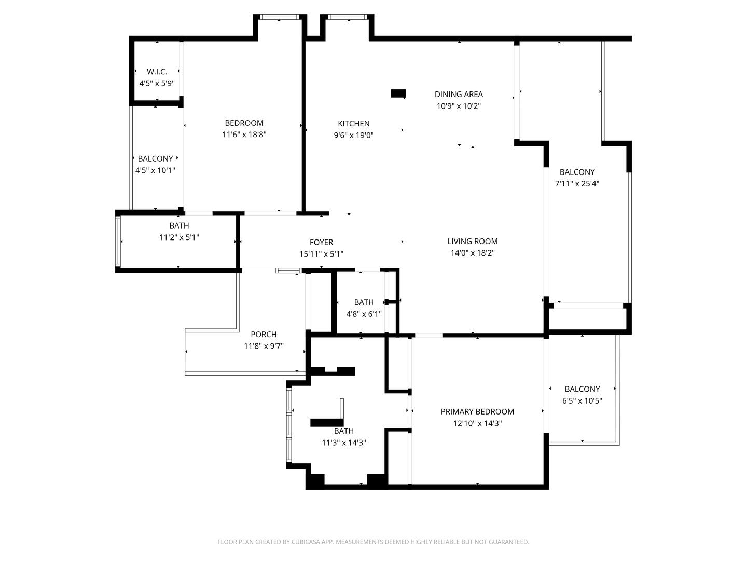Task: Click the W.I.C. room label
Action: [157, 72]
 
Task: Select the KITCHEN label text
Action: [354, 123]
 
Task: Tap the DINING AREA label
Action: [459, 95]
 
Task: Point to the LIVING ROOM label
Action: [473, 242]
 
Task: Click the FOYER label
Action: [321, 242]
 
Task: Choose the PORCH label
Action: [264, 335]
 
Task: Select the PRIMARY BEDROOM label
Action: [477, 411]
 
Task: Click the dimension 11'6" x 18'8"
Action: [244, 135]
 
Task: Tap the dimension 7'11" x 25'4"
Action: [577, 183]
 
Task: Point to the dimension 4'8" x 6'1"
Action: [364, 314]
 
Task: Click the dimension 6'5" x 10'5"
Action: [582, 400]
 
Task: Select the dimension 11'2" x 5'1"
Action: [179, 237]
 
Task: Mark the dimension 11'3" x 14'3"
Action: [344, 443]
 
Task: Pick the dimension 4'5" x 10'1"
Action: [155, 170]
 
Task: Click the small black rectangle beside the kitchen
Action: [398, 94]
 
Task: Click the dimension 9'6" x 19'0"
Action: [354, 135]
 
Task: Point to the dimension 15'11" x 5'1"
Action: [321, 254]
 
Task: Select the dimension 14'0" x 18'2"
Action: [473, 253]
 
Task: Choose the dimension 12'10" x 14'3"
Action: [477, 423]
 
